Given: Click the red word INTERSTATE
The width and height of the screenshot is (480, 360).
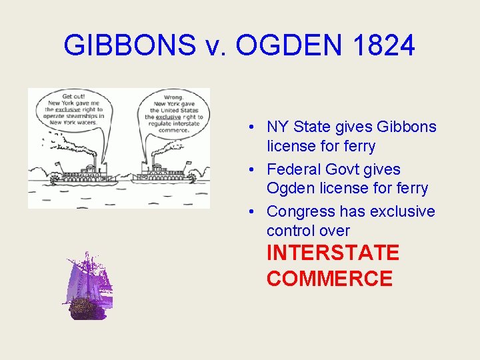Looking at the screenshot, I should [x=333, y=253].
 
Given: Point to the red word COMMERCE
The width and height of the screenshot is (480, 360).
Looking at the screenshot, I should [x=329, y=278].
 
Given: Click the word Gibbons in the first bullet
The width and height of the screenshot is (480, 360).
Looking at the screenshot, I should [x=407, y=127].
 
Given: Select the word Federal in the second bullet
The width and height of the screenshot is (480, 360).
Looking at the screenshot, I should [x=293, y=169].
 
